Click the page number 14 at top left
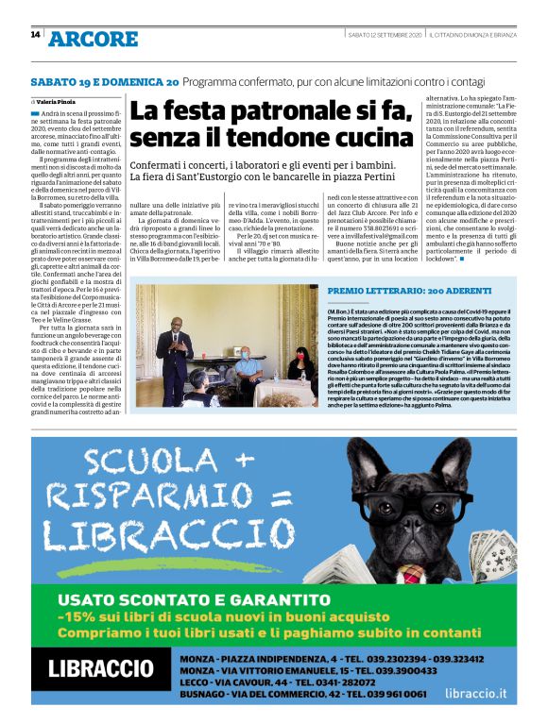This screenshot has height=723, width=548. click(x=35, y=36)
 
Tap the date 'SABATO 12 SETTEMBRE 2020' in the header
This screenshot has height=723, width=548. click(x=384, y=35)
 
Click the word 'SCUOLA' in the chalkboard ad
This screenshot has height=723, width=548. click(x=139, y=460)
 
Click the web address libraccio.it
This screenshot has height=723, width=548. click(x=476, y=693)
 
